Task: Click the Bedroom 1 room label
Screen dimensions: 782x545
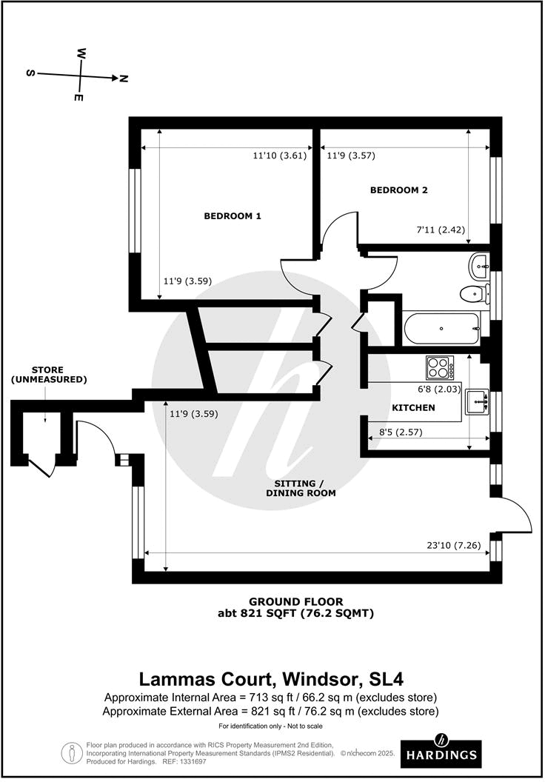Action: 233,216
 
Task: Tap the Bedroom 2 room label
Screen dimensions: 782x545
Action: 399,190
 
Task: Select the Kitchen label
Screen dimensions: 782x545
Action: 412,408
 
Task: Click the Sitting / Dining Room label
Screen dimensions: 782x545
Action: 301,487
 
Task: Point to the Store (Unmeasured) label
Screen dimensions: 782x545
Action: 48,375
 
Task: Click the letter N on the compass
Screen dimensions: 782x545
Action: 124,78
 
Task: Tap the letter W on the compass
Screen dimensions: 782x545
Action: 81,54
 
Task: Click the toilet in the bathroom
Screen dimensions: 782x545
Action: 472,295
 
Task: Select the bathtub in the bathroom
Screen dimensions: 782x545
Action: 441,329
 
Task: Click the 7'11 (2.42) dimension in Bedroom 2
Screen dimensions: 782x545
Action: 440,230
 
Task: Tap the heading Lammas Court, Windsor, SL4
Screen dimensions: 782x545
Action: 272,679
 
